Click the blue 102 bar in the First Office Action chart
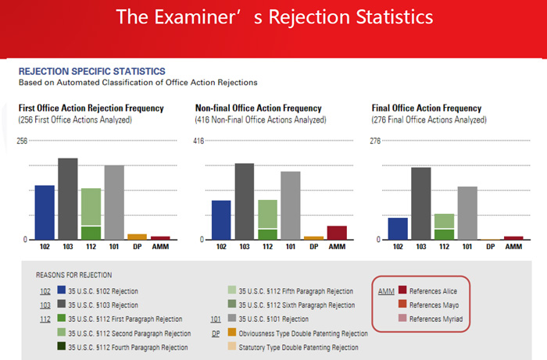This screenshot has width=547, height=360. coord(45,212)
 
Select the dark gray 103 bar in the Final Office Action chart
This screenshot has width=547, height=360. coord(421,204)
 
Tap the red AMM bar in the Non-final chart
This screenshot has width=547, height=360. coord(337,233)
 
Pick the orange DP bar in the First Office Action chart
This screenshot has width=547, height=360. coord(137,237)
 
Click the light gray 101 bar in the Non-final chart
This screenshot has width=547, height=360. coord(291,205)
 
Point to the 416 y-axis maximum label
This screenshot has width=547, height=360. coord(198,141)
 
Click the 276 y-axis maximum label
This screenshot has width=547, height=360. coord(375,141)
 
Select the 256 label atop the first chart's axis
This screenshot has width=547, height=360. coord(22,141)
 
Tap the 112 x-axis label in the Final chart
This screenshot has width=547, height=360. coord(444,247)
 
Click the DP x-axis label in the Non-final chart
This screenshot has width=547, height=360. coord(314,247)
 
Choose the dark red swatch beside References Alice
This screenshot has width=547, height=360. coord(402,290)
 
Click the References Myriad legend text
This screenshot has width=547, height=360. coord(436,319)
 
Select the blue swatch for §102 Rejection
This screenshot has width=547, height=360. coord(62,290)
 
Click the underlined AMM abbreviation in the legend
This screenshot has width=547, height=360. coord(386,291)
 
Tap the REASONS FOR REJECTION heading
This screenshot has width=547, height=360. coord(74,275)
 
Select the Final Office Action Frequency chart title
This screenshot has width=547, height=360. coord(427,108)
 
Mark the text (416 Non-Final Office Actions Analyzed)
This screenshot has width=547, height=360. coord(260,120)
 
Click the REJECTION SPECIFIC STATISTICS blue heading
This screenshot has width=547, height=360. coord(91,71)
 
